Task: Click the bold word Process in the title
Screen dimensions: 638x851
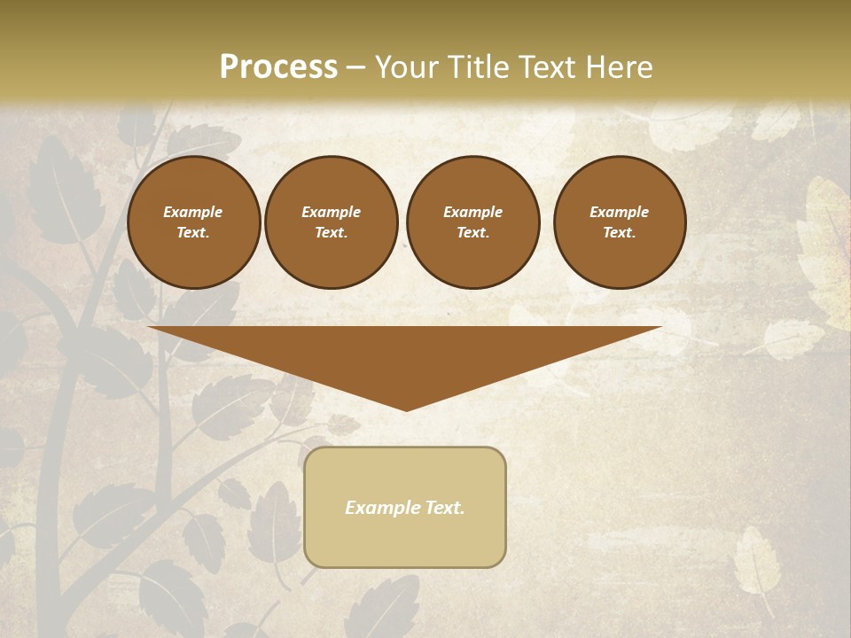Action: point(278,67)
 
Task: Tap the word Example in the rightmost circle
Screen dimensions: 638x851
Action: point(619,212)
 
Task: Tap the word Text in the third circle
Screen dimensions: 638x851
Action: point(472,233)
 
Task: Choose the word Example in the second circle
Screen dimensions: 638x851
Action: point(331,212)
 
